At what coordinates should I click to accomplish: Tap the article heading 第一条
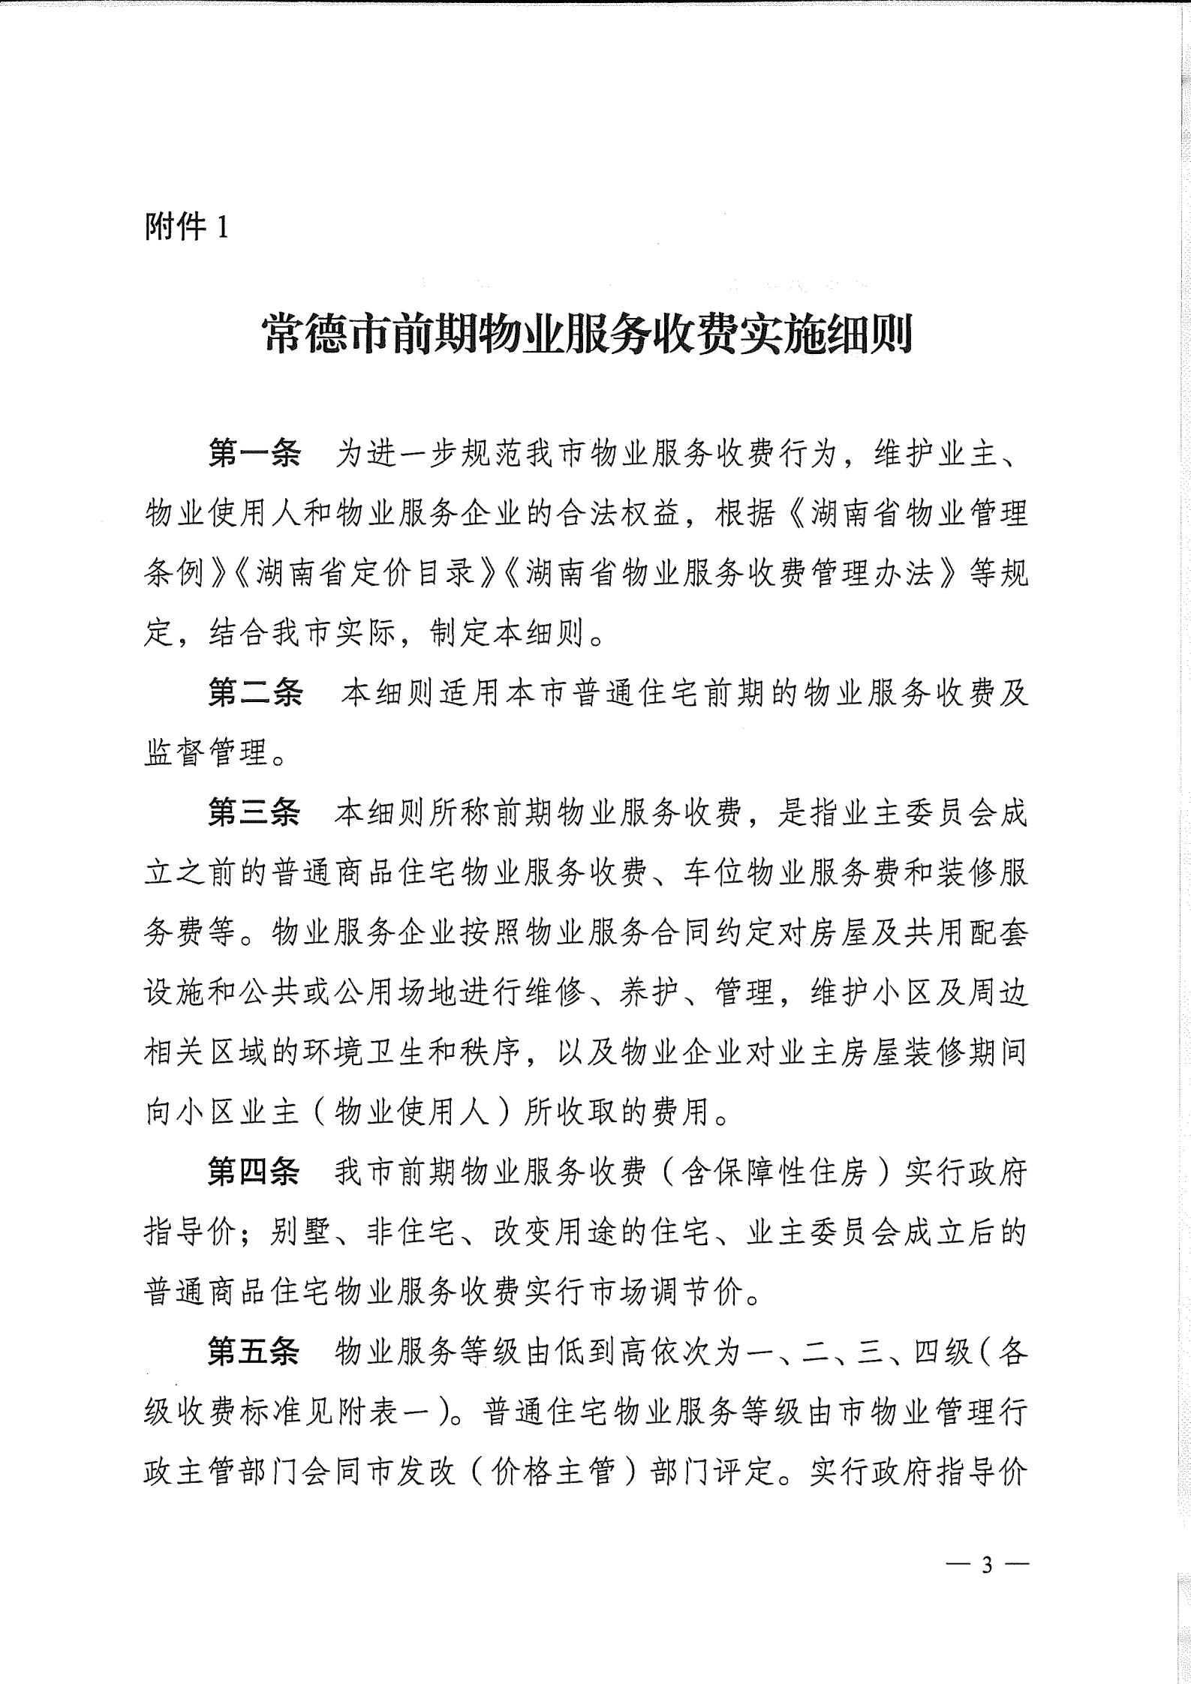pyautogui.click(x=254, y=455)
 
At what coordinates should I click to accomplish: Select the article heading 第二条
pyautogui.click(x=254, y=695)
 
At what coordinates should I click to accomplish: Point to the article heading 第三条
pyautogui.click(x=254, y=815)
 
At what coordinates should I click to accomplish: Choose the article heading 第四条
pyautogui.click(x=254, y=1172)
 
